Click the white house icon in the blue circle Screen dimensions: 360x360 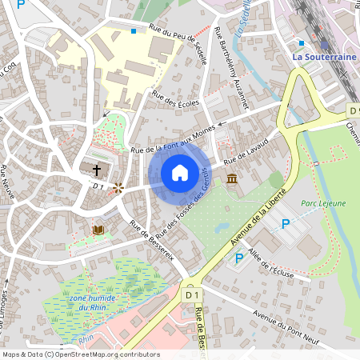[180, 172]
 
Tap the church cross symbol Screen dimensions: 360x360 [98, 170]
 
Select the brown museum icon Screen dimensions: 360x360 [231, 178]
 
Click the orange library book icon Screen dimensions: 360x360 [98, 230]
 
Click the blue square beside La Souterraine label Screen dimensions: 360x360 [301, 43]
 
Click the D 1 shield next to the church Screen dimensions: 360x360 [99, 186]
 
